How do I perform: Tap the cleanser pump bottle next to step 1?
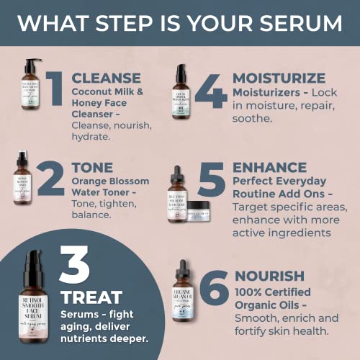(x=31, y=91)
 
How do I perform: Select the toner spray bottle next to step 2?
(x=22, y=180)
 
